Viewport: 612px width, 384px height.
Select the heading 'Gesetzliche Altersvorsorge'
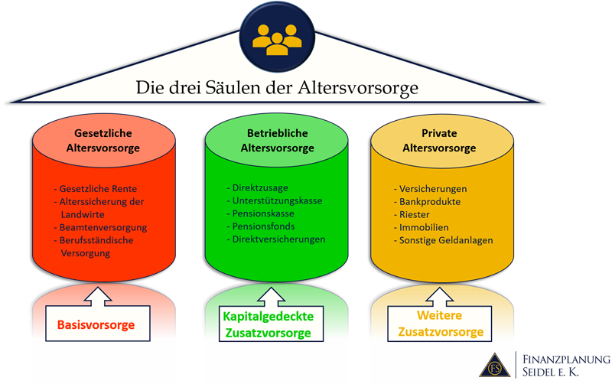coord(107,140)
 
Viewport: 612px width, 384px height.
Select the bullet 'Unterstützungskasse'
coord(277,200)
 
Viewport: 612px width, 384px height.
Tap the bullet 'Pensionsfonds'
coord(264,226)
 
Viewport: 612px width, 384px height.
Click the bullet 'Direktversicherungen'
coord(279,239)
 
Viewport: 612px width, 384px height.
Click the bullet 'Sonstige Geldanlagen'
coord(446,240)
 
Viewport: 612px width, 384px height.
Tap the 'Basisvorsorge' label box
coord(96,324)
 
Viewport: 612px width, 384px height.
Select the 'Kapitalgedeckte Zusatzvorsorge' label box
coord(266,324)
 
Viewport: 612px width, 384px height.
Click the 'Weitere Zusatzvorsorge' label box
coord(440,324)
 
